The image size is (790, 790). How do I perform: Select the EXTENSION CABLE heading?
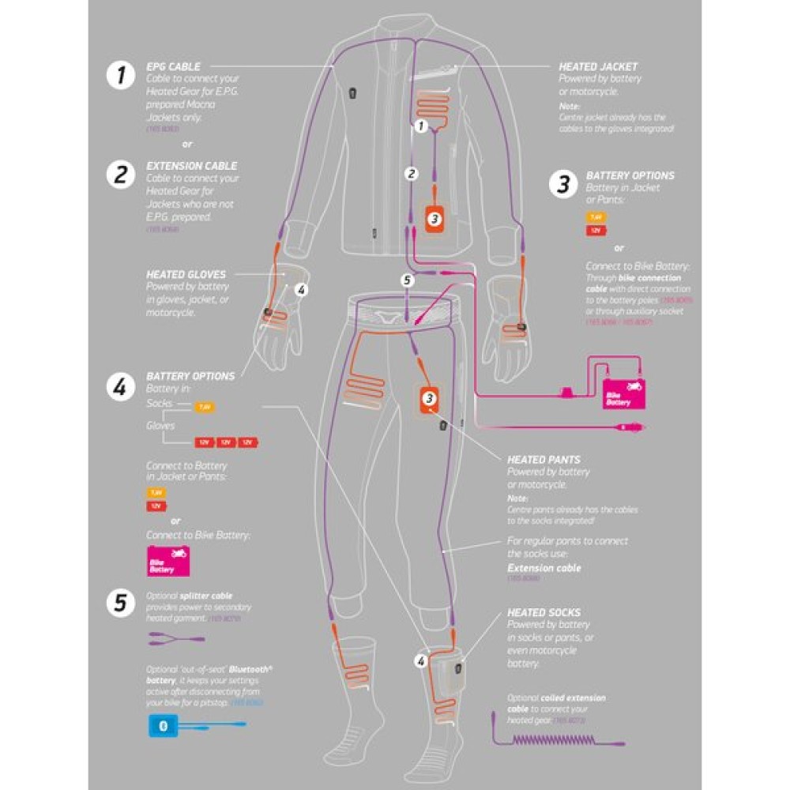[192, 167]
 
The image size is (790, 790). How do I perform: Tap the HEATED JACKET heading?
[598, 67]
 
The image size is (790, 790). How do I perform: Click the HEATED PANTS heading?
[544, 459]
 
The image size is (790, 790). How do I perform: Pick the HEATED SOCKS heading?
[544, 612]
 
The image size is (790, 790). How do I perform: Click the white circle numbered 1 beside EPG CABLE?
[121, 76]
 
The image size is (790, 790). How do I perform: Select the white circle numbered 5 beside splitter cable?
[121, 603]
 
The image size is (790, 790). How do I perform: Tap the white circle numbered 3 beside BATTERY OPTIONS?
[562, 184]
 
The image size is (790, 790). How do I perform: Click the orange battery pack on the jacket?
[434, 217]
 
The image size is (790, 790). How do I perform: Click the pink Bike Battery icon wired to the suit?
[624, 393]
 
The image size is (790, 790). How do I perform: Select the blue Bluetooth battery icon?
[164, 726]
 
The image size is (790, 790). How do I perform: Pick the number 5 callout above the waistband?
[407, 279]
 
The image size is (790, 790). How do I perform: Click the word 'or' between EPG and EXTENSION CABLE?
[187, 145]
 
